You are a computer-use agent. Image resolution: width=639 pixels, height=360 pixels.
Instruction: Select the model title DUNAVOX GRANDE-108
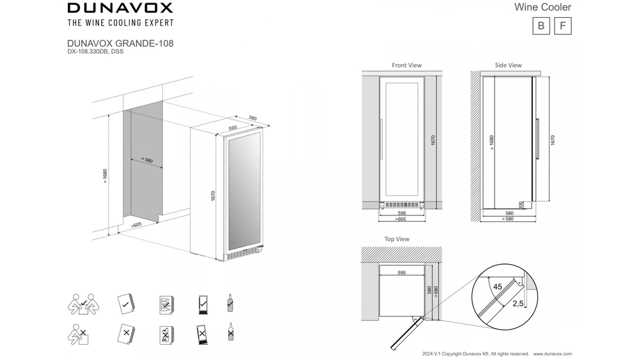[x=120, y=43]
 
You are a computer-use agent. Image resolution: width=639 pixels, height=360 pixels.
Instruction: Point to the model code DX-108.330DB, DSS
[x=95, y=51]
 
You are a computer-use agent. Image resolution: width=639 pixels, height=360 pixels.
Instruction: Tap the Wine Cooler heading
[x=543, y=8]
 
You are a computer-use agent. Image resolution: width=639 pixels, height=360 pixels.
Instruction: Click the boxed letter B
[x=541, y=26]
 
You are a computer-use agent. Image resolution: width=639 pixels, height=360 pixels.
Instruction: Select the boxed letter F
[x=562, y=26]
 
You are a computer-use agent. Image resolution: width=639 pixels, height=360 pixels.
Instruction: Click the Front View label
[x=406, y=65]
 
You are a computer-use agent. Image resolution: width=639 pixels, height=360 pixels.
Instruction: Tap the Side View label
[x=508, y=65]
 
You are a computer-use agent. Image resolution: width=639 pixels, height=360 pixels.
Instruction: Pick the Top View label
[x=397, y=239]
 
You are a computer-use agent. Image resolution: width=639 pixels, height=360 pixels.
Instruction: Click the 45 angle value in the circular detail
[x=497, y=287]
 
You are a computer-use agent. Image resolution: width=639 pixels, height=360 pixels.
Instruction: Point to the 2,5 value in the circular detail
[x=518, y=304]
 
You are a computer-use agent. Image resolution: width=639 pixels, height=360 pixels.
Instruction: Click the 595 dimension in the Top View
[x=401, y=272]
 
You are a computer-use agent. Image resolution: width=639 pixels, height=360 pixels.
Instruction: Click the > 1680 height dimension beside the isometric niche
[x=105, y=176]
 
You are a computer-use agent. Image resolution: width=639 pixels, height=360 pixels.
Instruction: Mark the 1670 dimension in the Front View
[x=433, y=140]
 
